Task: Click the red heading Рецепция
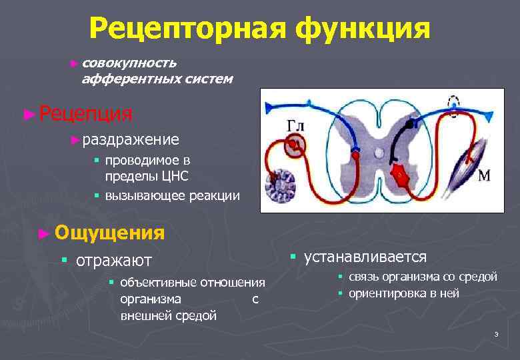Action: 85,113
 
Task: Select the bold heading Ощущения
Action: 110,233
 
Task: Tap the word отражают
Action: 114,260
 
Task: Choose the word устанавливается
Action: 365,257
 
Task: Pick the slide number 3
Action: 496,334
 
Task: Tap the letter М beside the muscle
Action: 485,176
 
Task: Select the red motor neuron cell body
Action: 401,175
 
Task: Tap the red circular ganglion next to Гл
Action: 294,144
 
